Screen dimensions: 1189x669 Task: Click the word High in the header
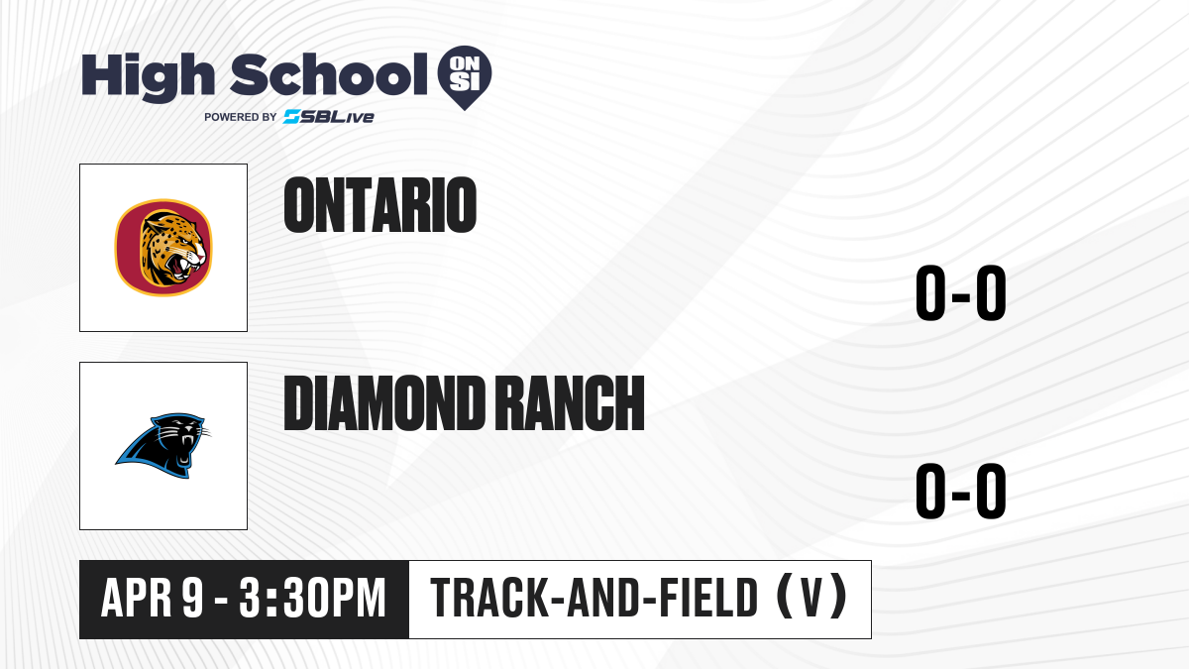click(148, 76)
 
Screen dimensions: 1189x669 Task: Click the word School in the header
click(329, 74)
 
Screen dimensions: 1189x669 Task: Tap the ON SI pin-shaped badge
click(465, 77)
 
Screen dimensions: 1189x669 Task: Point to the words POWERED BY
click(241, 117)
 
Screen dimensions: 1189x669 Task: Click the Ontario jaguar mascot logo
click(163, 248)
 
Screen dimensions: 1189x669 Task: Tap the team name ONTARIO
click(380, 205)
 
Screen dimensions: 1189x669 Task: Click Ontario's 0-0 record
click(961, 292)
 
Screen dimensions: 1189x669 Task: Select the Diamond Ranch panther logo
click(163, 445)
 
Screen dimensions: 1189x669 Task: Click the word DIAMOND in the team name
click(383, 403)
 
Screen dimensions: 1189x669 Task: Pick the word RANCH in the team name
click(573, 403)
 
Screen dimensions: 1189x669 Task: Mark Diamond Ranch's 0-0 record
click(961, 491)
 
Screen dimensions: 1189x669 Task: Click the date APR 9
click(153, 598)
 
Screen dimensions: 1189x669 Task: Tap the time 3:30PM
click(312, 598)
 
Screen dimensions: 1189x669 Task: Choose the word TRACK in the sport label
click(488, 598)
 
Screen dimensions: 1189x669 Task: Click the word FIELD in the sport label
click(708, 598)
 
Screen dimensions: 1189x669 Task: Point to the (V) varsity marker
click(811, 597)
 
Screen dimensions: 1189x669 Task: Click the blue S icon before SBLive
click(291, 117)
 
